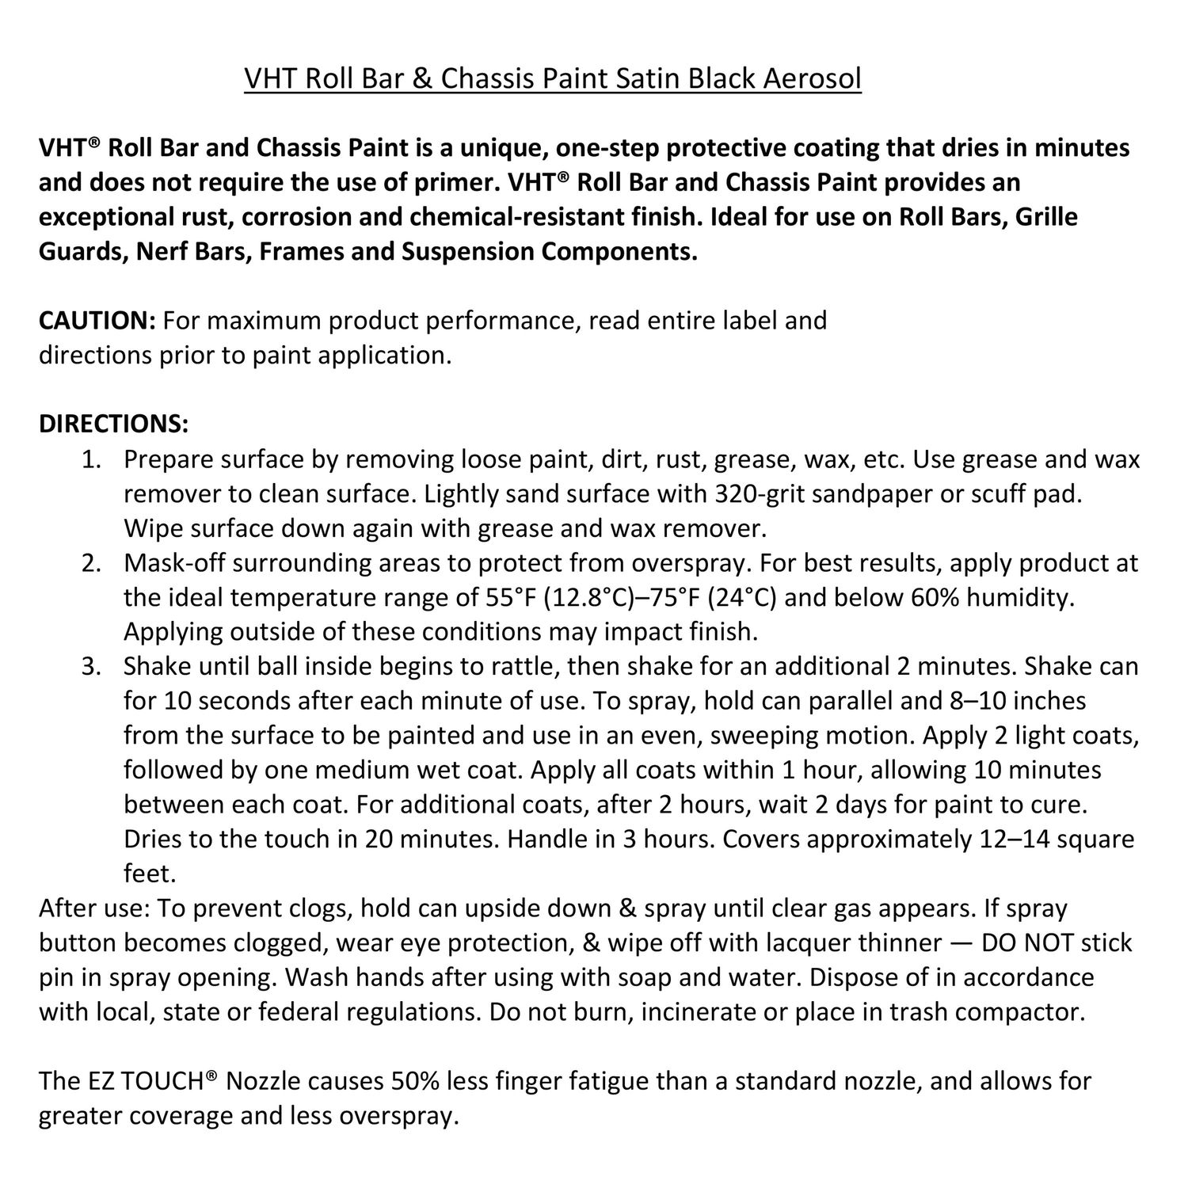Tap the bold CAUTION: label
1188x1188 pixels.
[x=97, y=320]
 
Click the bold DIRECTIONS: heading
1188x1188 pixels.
[x=114, y=424]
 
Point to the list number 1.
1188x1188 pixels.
[x=92, y=459]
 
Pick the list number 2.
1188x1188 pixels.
[x=92, y=563]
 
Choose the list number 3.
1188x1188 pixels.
[x=92, y=666]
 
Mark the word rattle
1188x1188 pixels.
[x=520, y=666]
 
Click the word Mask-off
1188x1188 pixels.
[x=180, y=563]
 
